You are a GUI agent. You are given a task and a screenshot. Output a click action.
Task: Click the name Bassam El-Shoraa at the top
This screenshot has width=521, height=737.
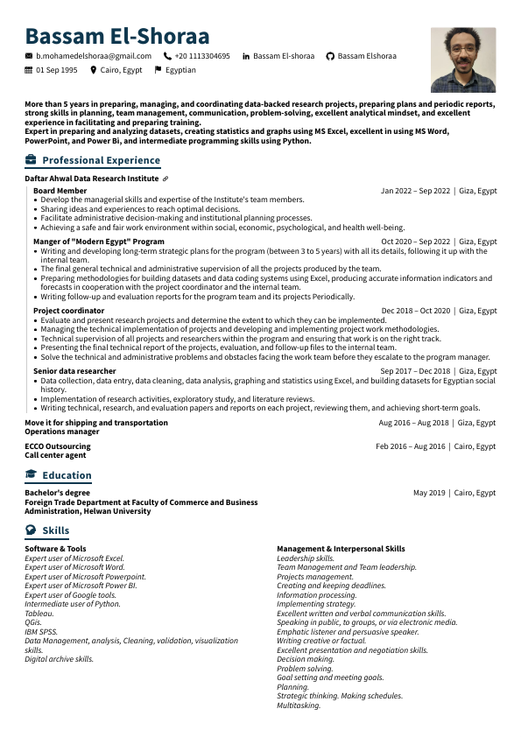(117, 36)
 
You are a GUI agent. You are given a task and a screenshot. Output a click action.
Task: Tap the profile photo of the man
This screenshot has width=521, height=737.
(463, 60)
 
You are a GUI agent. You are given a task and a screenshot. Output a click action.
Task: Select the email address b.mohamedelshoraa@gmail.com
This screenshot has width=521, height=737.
(93, 56)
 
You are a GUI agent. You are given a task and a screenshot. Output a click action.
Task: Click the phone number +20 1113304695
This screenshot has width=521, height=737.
(201, 56)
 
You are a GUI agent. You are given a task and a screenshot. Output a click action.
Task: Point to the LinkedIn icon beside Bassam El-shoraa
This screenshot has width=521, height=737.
(246, 56)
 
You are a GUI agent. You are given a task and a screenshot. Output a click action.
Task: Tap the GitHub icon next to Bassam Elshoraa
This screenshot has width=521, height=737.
(330, 56)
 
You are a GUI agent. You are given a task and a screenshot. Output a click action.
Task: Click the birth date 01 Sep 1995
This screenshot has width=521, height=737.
(56, 70)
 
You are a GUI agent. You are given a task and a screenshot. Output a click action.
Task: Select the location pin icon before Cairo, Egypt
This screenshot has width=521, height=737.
(94, 70)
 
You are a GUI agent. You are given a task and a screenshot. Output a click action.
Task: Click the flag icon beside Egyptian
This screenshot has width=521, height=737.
(158, 70)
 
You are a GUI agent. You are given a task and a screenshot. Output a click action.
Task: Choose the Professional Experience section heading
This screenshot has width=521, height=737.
(101, 160)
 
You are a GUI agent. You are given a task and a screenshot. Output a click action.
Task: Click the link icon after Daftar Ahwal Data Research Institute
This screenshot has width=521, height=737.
(165, 179)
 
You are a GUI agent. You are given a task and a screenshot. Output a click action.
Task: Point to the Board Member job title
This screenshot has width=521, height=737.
(60, 191)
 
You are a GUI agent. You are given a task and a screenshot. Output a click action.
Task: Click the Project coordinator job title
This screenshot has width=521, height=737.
(68, 311)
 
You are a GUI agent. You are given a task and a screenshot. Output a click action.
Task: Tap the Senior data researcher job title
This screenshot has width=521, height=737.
(74, 371)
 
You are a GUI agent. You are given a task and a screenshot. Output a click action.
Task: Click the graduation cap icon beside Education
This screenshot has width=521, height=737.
(32, 475)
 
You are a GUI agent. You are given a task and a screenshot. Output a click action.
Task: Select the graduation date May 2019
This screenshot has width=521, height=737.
(429, 493)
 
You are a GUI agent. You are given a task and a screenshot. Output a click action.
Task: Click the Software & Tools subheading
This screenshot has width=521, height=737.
(55, 549)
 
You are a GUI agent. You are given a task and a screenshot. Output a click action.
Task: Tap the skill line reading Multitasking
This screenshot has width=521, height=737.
(299, 705)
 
